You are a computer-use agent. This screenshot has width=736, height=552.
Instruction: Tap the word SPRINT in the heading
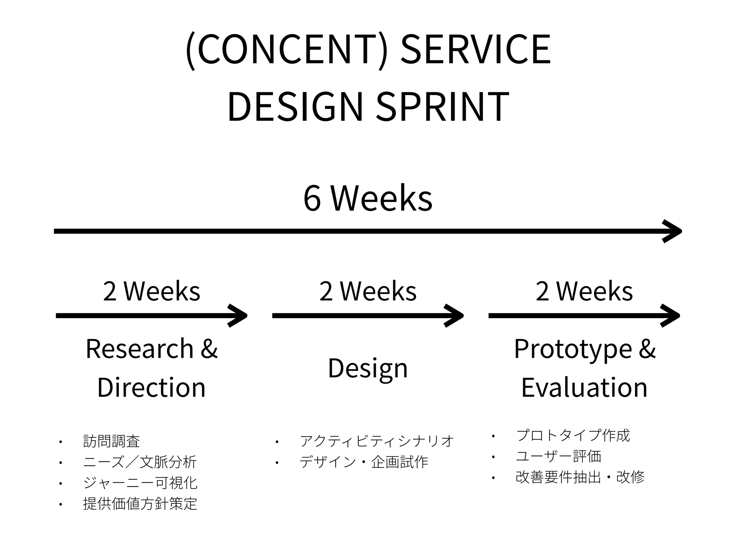(442, 107)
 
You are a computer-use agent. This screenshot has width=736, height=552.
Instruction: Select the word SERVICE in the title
(475, 50)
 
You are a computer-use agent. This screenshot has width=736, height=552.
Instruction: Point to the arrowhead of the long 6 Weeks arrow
(673, 231)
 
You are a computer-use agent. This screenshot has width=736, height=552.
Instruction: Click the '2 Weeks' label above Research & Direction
(151, 291)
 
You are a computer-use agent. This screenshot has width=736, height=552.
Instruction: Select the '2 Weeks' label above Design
(368, 291)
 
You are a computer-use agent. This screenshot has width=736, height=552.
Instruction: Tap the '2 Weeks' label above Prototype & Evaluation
(584, 291)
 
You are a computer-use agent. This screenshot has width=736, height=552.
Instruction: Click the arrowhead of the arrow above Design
(455, 316)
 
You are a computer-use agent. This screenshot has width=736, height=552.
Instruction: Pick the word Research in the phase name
(140, 349)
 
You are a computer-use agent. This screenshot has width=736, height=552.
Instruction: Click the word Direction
(151, 387)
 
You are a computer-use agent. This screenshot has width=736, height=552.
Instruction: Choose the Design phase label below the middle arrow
(368, 368)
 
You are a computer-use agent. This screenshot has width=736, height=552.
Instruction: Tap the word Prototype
(573, 349)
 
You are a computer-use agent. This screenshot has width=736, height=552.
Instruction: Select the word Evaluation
(584, 387)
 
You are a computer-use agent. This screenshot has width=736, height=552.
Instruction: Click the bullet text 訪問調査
(111, 441)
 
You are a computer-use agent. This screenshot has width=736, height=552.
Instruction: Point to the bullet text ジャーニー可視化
(140, 483)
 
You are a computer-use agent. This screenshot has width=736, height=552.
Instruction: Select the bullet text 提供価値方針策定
(140, 503)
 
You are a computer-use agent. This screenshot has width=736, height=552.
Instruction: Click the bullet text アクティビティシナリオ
(377, 441)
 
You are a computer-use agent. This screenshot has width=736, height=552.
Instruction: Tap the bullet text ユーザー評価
(558, 456)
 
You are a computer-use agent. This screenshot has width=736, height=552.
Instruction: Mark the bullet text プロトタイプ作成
(573, 435)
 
